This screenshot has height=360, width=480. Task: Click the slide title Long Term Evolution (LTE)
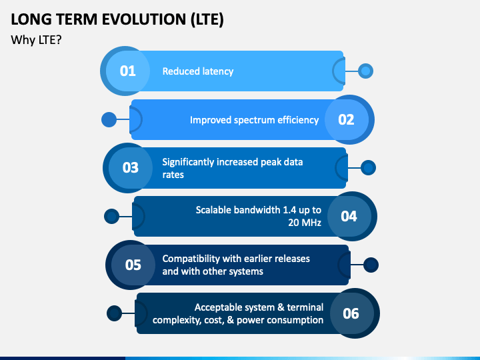pos(117,19)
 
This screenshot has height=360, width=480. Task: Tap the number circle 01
pos(127,70)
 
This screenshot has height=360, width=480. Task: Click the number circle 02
pos(346,120)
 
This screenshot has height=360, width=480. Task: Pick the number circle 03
pos(130,167)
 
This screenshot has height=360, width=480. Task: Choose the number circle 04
pos(349,216)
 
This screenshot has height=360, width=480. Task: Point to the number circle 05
pos(133,265)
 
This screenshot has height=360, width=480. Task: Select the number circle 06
pos(351,313)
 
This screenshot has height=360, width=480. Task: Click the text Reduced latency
pos(198,71)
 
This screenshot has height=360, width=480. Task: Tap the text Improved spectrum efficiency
pos(254,120)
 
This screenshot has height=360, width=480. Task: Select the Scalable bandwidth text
pos(259,216)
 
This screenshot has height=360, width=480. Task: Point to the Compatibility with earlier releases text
pos(236,265)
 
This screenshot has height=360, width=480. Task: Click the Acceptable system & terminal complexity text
pos(239,313)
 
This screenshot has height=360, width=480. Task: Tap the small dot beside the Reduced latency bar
pos(365,71)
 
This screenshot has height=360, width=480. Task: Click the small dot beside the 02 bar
pos(109,120)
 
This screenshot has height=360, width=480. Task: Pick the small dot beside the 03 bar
pos(368,168)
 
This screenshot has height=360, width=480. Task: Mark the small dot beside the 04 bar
pos(112,216)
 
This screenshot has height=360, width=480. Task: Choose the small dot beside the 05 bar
pos(371,265)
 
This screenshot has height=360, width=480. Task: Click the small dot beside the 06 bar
pos(115,313)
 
